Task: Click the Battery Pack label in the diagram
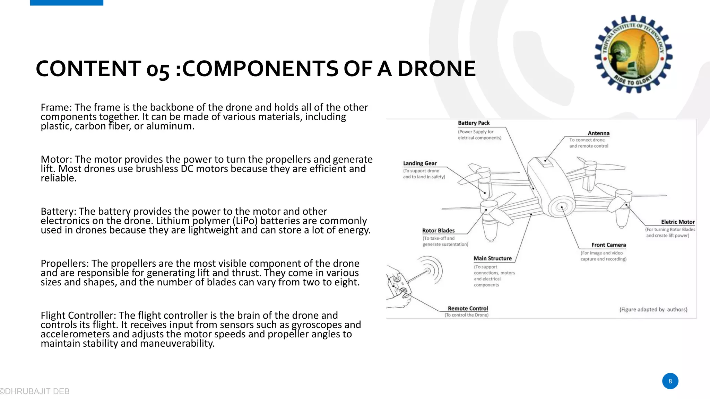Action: click(474, 123)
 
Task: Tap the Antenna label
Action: click(598, 133)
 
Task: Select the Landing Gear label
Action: click(420, 163)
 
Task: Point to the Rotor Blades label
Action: click(438, 231)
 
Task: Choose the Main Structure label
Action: click(493, 258)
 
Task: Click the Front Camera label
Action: click(608, 245)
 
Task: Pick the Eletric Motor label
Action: click(678, 222)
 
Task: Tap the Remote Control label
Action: click(468, 309)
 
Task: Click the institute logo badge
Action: click(633, 54)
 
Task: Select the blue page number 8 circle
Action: click(670, 381)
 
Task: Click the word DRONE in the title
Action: click(436, 69)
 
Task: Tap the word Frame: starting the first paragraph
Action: click(56, 107)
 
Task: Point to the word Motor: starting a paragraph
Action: click(57, 159)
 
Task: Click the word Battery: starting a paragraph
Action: click(58, 211)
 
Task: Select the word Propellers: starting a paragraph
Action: click(65, 263)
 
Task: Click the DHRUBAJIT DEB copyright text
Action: click(35, 391)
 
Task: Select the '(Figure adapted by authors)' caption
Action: click(653, 310)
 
